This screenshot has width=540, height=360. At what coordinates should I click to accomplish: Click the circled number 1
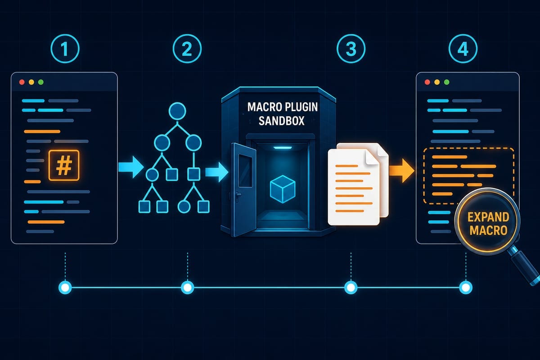click(65, 49)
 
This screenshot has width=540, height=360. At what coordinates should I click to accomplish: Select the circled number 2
click(187, 49)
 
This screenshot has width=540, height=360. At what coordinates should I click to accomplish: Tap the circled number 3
click(351, 49)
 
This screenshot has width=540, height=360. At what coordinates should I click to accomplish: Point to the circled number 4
click(463, 49)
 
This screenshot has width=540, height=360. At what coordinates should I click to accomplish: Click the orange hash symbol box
click(64, 165)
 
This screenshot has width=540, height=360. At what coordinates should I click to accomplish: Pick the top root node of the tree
click(177, 111)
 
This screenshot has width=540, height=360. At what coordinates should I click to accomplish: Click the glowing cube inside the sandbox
click(283, 189)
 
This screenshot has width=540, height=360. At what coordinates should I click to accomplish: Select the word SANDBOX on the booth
click(282, 121)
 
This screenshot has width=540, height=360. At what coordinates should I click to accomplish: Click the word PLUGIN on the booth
click(301, 107)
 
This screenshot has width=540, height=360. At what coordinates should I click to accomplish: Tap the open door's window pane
click(245, 171)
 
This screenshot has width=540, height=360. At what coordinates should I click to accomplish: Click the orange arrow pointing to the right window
click(401, 171)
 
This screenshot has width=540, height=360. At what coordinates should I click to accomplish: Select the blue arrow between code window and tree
click(131, 167)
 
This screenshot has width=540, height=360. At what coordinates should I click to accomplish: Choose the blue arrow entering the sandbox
click(217, 172)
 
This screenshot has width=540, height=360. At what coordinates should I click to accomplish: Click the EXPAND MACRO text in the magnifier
click(488, 224)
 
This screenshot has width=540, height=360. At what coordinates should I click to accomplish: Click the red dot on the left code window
click(22, 82)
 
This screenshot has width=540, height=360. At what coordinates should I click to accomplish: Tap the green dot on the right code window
click(447, 82)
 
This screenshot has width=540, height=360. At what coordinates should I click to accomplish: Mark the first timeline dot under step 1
click(65, 288)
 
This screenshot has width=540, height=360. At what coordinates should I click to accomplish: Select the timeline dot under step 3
click(351, 288)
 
